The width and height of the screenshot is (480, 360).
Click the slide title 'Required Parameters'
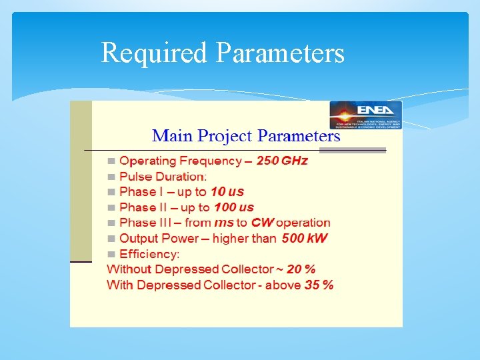tap(223, 53)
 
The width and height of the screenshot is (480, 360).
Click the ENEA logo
tap(366, 114)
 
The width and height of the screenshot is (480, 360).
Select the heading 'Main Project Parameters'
tap(246, 137)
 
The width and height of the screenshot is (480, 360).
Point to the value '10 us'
tap(227, 192)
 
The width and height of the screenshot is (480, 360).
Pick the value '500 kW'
tap(305, 238)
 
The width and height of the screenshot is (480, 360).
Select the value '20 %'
tap(301, 269)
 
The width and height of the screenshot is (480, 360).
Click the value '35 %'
tap(319, 285)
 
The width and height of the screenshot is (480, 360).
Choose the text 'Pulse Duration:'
tap(163, 177)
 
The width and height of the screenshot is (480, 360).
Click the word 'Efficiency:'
tap(149, 254)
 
